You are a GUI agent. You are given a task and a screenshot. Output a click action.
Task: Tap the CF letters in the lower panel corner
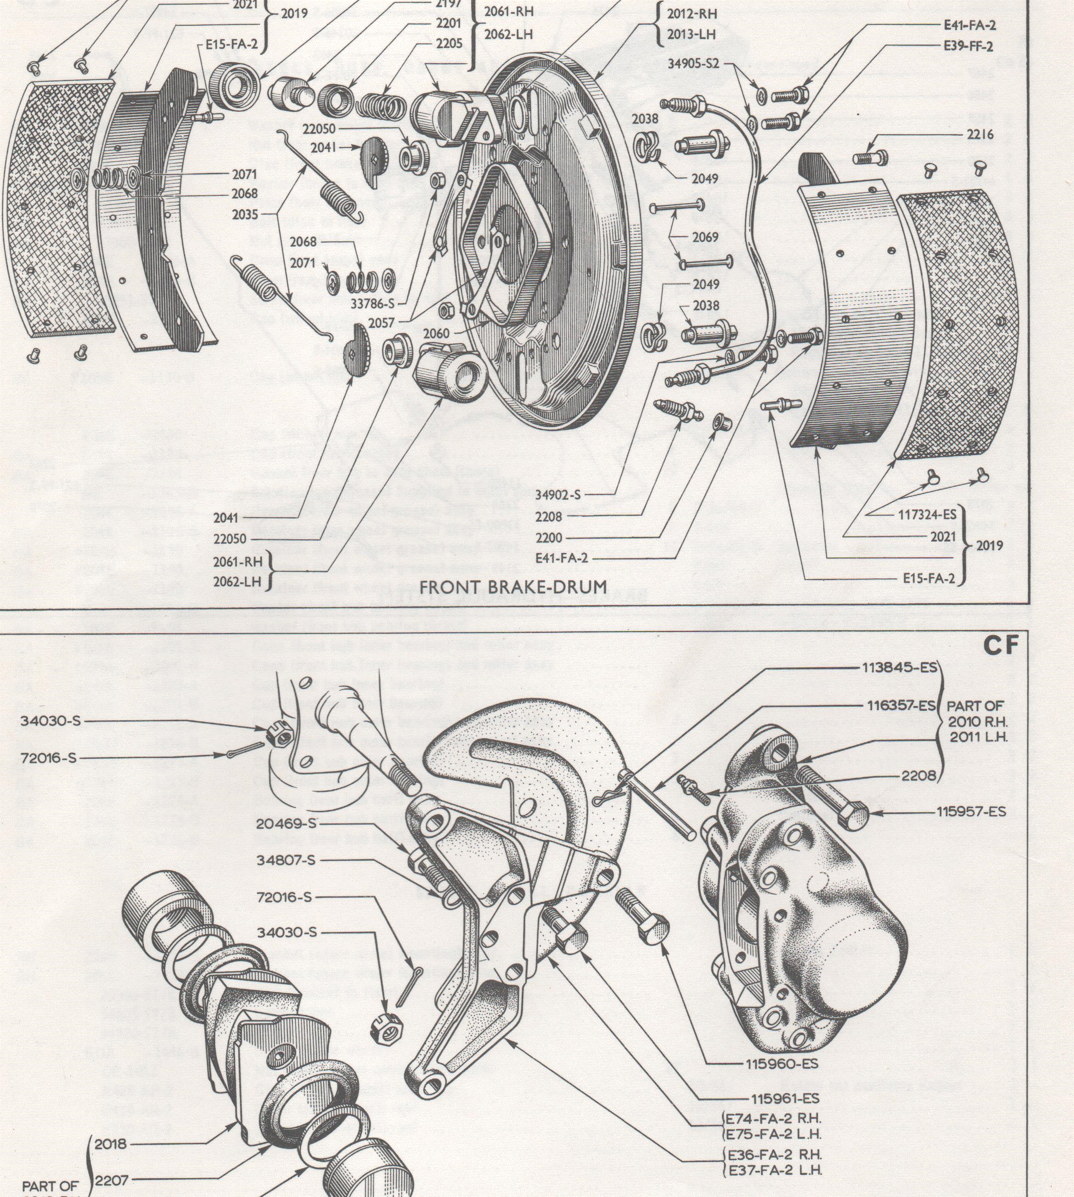[x=1001, y=647]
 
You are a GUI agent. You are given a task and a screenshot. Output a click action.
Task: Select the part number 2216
[x=980, y=135]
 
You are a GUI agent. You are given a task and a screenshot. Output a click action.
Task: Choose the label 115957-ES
[x=971, y=812]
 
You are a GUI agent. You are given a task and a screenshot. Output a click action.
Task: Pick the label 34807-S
[x=286, y=860]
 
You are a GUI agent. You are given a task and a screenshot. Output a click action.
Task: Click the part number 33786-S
[x=372, y=304]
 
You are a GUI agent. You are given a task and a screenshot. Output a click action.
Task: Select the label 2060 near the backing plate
[x=436, y=333]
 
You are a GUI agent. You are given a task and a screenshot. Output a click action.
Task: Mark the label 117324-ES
[x=926, y=514]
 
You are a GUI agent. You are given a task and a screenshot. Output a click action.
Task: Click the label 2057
[x=381, y=323]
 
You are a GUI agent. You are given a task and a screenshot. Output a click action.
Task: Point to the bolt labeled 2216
[x=866, y=158]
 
